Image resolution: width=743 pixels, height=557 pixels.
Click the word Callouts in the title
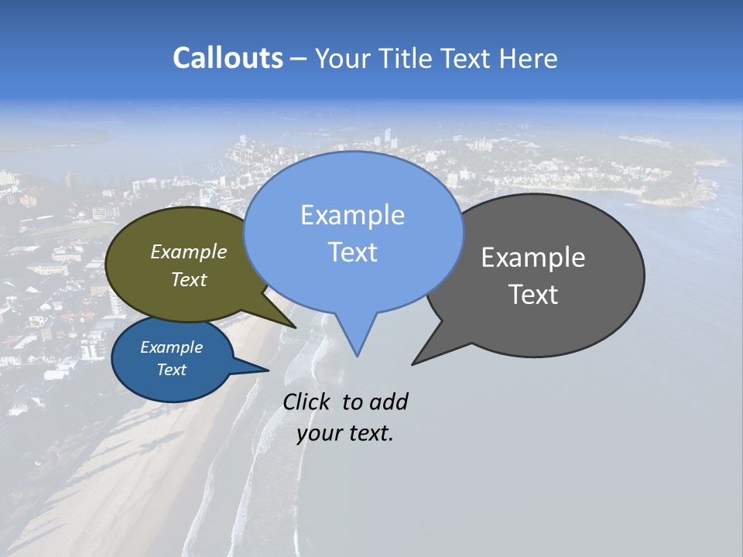pos(228,58)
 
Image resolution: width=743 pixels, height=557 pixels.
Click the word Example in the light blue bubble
pos(352,215)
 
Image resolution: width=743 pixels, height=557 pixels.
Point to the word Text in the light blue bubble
pos(352,252)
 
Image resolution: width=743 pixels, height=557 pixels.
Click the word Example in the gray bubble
pos(533,258)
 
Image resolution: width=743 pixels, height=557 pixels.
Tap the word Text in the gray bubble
pos(533,295)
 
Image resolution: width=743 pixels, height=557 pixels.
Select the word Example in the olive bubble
pos(189,252)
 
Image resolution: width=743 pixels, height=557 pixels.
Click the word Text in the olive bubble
pos(189,279)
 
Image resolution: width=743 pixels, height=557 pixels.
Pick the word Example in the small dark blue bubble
pos(171,347)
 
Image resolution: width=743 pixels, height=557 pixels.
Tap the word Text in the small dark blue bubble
pos(171,370)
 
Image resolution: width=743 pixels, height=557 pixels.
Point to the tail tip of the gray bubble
pos(413,364)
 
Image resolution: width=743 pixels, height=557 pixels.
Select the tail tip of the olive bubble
pos(295,327)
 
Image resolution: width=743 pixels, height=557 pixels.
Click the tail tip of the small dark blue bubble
pos(268,371)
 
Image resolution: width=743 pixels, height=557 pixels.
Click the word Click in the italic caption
pos(307,402)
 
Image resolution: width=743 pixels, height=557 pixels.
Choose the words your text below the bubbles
pos(344,433)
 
